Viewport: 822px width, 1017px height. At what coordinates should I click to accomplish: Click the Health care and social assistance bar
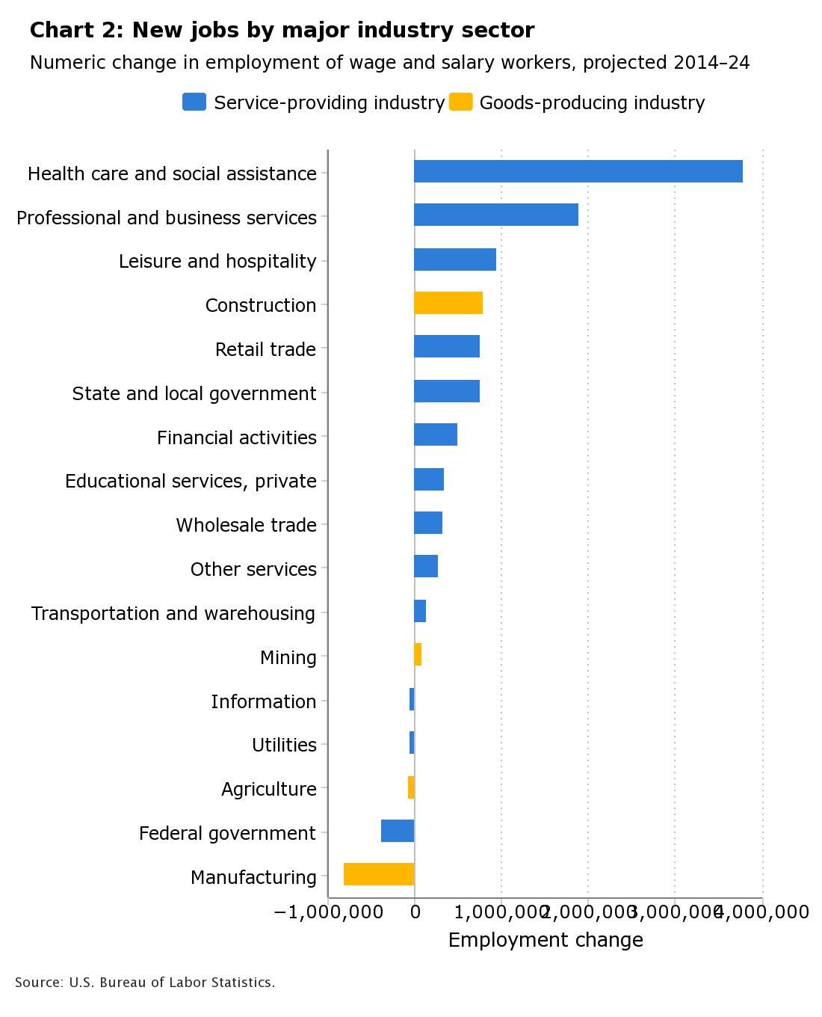coord(578,171)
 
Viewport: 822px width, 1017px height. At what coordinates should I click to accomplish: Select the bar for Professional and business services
coord(496,215)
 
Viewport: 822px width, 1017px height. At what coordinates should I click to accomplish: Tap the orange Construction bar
coord(448,303)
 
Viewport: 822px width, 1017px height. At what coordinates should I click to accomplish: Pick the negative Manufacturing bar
coord(379,874)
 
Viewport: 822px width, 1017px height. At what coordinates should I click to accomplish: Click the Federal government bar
coord(398,831)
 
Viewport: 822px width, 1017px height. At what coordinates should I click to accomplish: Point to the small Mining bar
coord(418,654)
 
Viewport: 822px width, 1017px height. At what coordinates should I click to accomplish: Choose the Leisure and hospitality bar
coord(455,259)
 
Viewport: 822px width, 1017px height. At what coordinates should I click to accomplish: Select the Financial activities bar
coord(436,434)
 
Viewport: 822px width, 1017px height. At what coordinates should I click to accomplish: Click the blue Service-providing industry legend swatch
coord(194,102)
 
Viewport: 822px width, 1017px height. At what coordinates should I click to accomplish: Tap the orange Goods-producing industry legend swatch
coord(461,102)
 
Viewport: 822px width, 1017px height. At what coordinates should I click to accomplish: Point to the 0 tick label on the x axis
coord(415,912)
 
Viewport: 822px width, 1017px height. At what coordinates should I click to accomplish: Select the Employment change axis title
coord(546,940)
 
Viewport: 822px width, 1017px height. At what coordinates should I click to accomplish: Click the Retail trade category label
coord(265,349)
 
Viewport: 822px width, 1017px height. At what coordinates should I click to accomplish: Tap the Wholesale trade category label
coord(246,525)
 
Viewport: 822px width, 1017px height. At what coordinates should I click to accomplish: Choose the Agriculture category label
coord(268,789)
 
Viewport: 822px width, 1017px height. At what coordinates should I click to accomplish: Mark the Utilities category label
coord(284,745)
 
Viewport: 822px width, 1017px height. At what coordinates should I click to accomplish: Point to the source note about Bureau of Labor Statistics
coord(145,983)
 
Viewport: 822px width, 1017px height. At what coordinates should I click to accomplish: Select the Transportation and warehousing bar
coord(420,611)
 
